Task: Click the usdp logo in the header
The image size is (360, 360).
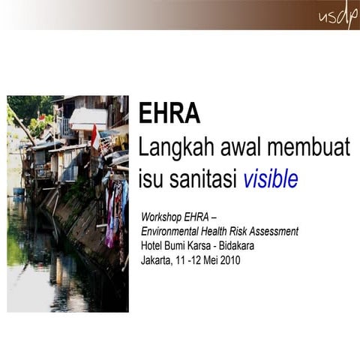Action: click(x=337, y=16)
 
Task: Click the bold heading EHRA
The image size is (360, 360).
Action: click(x=169, y=113)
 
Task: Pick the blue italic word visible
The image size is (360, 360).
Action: click(x=270, y=179)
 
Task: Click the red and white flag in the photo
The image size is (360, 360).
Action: click(x=94, y=136)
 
